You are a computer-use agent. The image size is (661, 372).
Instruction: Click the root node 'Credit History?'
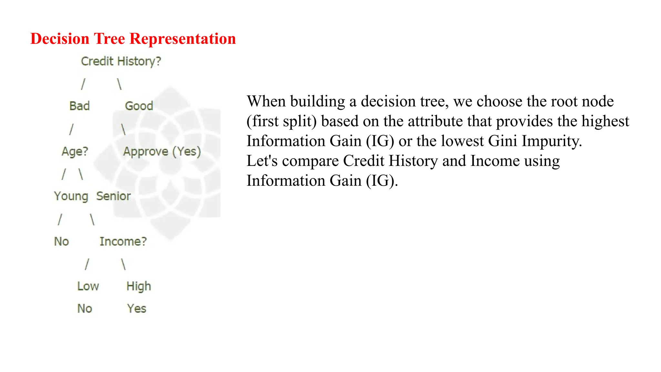[x=121, y=61]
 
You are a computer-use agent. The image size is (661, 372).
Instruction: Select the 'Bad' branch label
[x=79, y=106]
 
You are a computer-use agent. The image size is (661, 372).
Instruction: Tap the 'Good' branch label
[x=139, y=106]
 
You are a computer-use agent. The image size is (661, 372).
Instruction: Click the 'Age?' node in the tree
[x=75, y=151]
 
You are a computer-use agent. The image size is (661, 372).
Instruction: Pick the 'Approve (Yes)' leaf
[x=162, y=151]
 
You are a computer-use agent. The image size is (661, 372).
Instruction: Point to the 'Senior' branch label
[x=113, y=196]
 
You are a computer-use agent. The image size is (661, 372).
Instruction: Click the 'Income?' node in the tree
[x=123, y=242]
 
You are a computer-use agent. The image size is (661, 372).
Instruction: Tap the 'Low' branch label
[x=88, y=286]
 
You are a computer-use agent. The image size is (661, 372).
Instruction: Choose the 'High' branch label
[x=138, y=286]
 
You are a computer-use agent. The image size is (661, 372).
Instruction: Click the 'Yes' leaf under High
[x=137, y=309]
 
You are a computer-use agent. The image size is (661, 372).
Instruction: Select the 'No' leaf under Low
[x=85, y=309]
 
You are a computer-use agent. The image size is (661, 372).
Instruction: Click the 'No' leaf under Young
[x=61, y=242]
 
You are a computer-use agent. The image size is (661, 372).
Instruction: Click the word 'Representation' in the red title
[x=182, y=39]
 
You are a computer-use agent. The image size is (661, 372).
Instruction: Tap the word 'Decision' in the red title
[x=60, y=39]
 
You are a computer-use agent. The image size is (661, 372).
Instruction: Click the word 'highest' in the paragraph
[x=605, y=121]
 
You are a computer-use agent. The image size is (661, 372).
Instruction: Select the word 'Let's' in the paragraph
[x=262, y=161]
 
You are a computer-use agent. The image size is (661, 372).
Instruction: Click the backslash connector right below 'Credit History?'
[x=119, y=84]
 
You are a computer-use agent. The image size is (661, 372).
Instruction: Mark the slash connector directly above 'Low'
[x=86, y=264]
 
